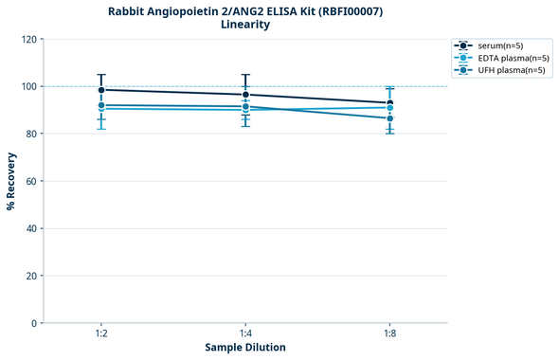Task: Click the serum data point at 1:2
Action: [x=101, y=90]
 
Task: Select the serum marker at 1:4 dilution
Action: [x=245, y=95]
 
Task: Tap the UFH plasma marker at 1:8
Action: [x=389, y=118]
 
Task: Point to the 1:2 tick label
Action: [x=101, y=334]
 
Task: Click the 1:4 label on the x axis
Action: [x=245, y=334]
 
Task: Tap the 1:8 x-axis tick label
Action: [x=389, y=334]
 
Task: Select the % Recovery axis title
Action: [x=10, y=180]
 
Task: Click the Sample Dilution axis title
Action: [x=245, y=348]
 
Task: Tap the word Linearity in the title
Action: [x=244, y=25]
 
